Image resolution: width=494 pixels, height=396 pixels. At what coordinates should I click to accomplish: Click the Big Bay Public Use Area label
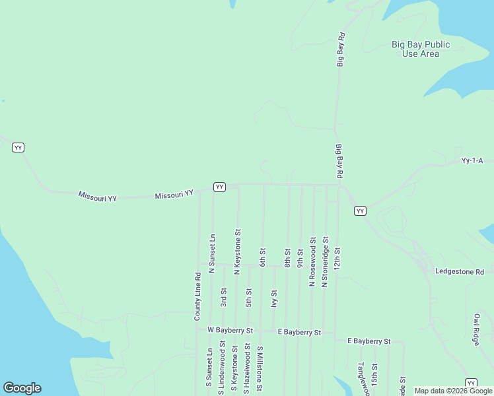click(x=421, y=49)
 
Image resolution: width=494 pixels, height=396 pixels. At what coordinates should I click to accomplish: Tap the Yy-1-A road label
click(x=472, y=160)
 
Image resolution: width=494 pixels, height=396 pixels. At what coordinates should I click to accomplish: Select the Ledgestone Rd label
click(x=460, y=271)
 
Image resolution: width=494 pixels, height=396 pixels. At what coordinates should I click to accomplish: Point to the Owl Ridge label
click(x=476, y=329)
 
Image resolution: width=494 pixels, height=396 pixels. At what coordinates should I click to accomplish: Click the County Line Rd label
click(x=197, y=296)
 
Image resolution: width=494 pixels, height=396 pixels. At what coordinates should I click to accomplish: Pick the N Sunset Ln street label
click(x=212, y=253)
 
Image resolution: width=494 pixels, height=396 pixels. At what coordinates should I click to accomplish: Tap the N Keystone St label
click(x=237, y=252)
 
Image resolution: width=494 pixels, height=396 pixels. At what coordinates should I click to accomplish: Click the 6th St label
click(x=262, y=257)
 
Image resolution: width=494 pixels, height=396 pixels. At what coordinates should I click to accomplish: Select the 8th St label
click(x=287, y=257)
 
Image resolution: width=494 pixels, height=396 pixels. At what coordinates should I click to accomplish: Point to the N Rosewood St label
click(x=312, y=262)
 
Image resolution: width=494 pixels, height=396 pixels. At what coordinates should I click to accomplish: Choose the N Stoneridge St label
click(x=325, y=262)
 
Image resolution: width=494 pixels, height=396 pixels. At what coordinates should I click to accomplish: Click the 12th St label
click(x=337, y=257)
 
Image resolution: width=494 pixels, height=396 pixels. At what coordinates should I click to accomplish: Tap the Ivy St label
click(x=274, y=298)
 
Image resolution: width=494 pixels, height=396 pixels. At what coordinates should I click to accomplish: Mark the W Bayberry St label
click(x=230, y=330)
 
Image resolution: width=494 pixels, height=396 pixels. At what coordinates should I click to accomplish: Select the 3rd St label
click(x=224, y=297)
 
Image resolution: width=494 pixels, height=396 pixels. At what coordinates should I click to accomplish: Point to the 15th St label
click(x=374, y=374)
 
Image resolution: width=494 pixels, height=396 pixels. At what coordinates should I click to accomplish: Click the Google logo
click(x=22, y=388)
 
